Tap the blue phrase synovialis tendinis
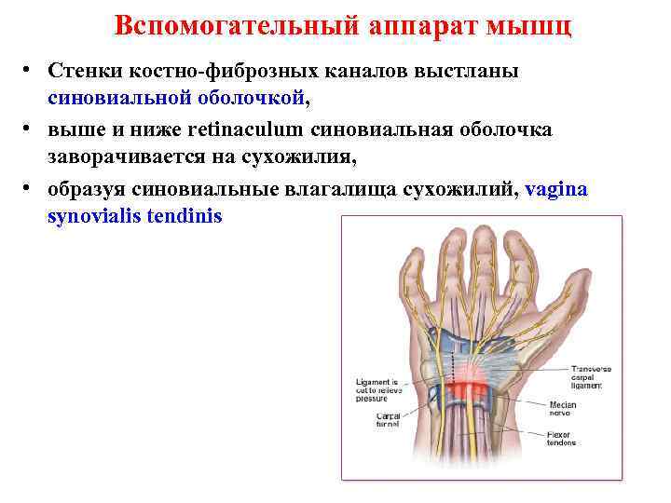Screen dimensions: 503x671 (x=135, y=216)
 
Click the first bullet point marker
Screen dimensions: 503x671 (x=30, y=72)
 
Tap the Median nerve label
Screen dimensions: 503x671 (x=563, y=409)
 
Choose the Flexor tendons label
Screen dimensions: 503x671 (x=562, y=439)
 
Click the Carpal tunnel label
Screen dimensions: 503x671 (x=388, y=418)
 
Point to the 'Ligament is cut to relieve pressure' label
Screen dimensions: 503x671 (x=378, y=389)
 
